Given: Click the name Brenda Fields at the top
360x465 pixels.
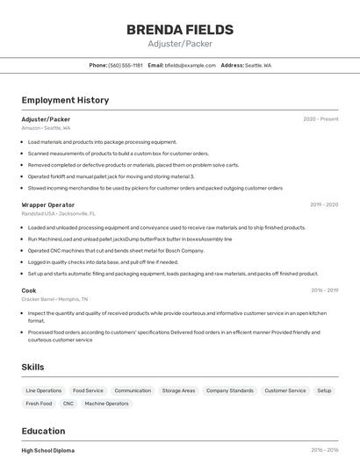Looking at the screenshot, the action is coord(180,29).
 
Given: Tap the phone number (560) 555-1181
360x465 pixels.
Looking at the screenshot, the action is coord(125,65).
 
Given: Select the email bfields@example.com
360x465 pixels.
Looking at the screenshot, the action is coord(190,65).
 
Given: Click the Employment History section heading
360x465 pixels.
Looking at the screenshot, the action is coord(65,100).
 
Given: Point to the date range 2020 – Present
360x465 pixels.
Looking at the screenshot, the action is coord(320,119).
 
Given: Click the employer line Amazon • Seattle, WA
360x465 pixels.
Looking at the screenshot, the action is coord(47,128).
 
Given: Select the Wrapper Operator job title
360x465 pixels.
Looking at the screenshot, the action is coord(48,204).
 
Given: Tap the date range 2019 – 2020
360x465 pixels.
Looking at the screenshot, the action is coord(324,204).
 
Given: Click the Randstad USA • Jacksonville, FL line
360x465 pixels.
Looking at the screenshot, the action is coord(59,213).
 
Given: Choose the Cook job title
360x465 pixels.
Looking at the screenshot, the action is coord(29,290).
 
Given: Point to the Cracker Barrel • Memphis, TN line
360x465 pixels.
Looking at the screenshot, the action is coord(54,299).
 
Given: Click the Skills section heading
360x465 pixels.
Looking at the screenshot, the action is coord(33,367).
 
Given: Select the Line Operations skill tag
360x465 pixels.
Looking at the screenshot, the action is coord(44,390).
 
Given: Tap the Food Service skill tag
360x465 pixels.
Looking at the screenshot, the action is coord(88,390).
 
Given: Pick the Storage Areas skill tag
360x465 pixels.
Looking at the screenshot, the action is coord(178,390).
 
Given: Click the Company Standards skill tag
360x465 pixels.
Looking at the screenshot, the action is coord(230,390).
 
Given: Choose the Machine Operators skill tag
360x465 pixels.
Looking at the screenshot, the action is coord(106,404).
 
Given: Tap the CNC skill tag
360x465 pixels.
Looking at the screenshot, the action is coord(68,404).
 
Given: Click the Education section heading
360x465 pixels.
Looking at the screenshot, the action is coord(43,431).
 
